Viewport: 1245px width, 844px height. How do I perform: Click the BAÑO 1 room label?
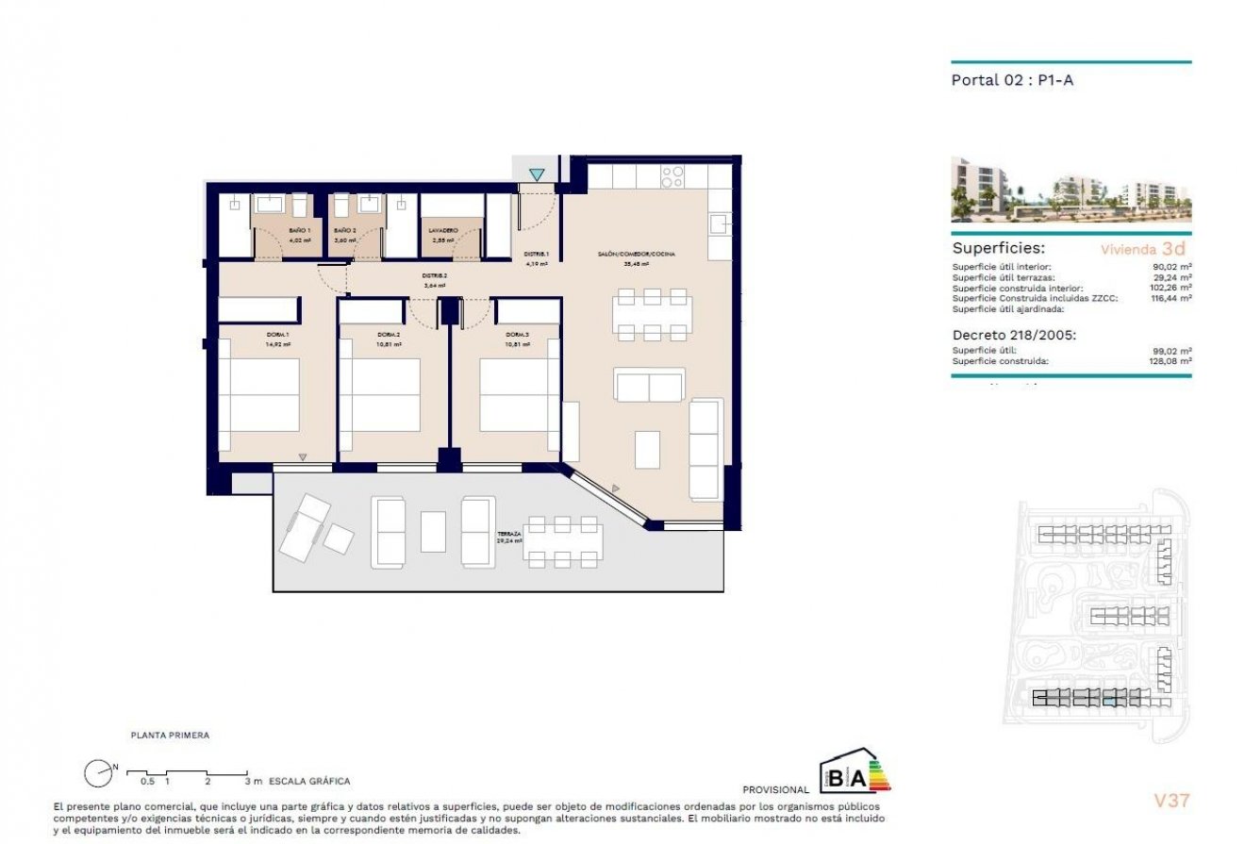299,230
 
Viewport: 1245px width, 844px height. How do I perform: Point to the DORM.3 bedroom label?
516,335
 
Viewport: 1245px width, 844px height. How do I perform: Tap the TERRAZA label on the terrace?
509,535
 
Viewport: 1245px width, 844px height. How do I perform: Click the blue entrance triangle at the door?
537,174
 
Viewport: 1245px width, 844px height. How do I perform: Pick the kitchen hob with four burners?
672,176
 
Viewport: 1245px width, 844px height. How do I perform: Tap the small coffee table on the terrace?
433,531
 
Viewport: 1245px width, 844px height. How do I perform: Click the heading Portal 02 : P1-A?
1013,80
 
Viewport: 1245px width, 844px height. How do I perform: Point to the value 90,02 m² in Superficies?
1172,267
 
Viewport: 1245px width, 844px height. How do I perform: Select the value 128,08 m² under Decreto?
1170,361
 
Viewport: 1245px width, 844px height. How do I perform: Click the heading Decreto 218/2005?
1014,334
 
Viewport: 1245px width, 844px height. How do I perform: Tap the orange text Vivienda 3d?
1143,249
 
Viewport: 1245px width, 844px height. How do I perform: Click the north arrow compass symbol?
97,773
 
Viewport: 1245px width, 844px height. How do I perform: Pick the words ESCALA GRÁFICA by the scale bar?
309,781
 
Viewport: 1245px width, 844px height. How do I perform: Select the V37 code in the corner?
1172,802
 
